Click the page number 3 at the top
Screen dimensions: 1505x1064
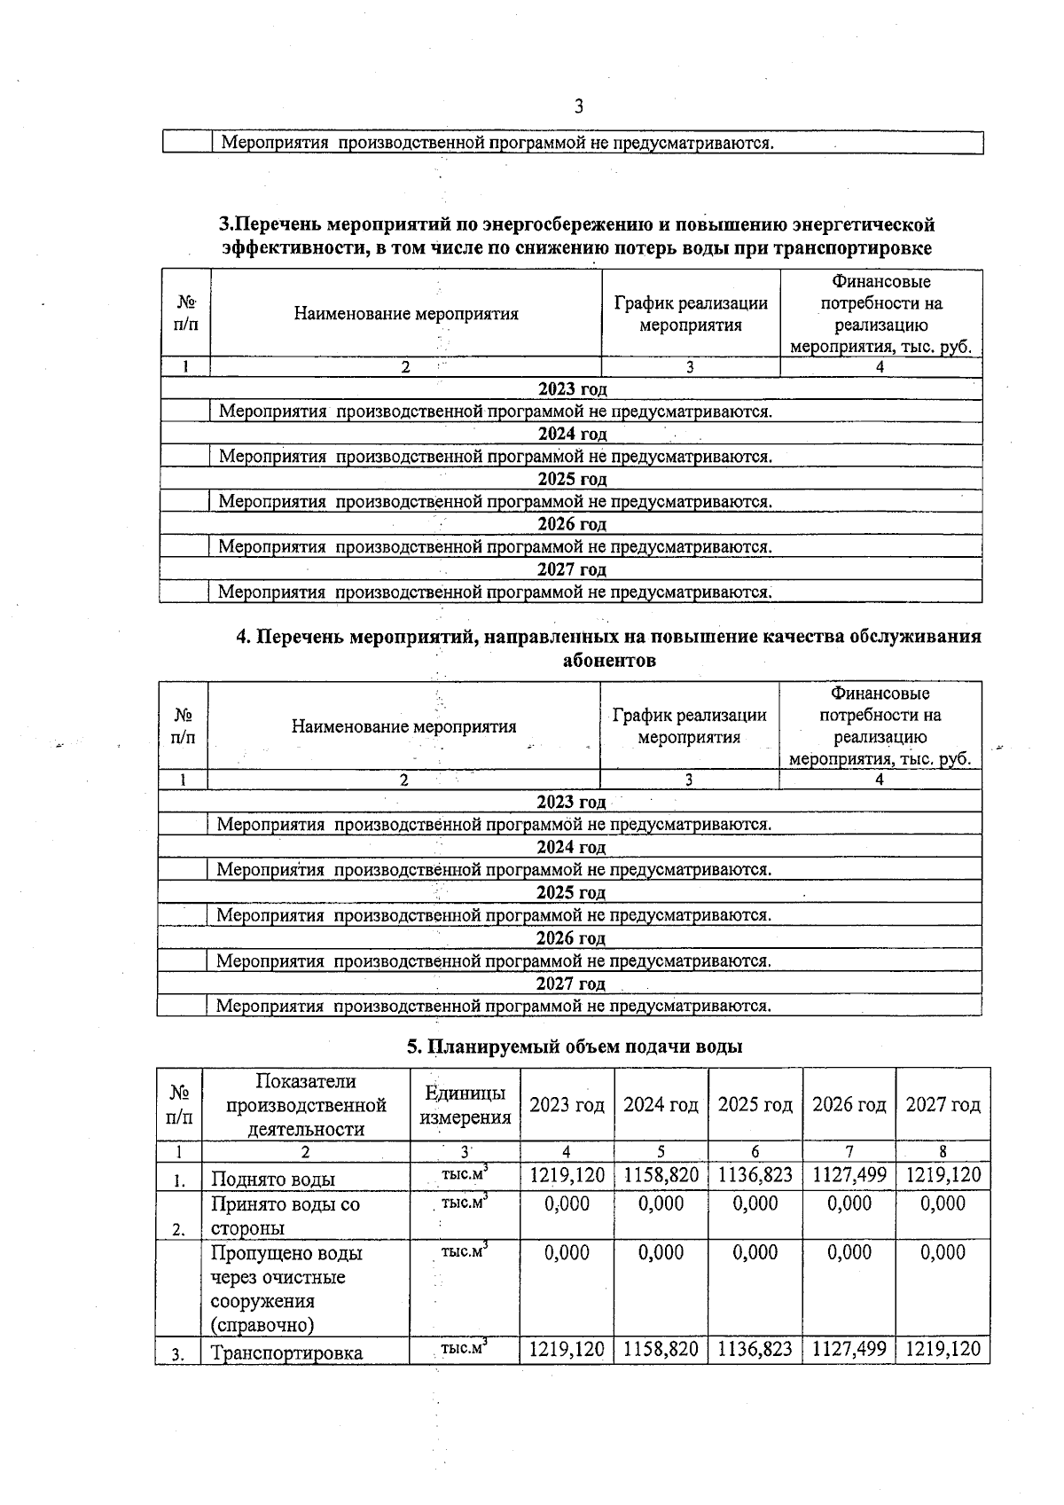578,107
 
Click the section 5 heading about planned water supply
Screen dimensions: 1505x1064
574,1046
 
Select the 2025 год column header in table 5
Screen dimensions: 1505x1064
755,1105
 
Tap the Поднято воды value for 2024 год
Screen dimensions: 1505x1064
661,1176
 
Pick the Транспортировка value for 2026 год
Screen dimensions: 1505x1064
849,1350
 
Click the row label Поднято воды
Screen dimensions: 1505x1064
273,1180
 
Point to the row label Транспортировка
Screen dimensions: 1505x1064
286,1353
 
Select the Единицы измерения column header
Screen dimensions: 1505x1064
465,1105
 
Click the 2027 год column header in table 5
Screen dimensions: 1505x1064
943,1105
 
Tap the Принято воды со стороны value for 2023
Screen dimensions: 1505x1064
567,1203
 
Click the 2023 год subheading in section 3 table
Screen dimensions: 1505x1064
572,388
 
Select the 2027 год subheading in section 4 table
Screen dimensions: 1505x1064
570,984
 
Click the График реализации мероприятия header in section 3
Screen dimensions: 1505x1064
691,314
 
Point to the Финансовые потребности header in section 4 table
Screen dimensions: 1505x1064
880,725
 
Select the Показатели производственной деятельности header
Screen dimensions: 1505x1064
306,1105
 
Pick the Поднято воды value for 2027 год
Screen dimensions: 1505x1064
943,1176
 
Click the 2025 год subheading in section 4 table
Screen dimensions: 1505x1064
570,892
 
